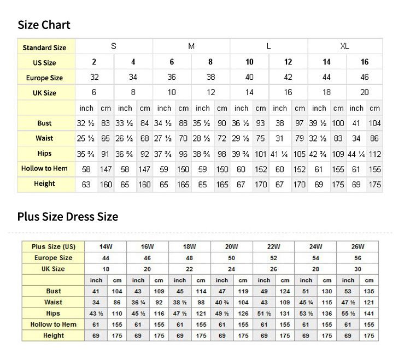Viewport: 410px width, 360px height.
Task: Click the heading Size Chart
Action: [x=44, y=25]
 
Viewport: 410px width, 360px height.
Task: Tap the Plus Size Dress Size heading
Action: [x=67, y=216]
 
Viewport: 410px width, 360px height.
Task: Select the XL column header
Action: [x=344, y=46]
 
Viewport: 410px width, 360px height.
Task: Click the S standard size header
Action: [x=114, y=46]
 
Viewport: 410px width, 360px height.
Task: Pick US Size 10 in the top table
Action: [x=249, y=62]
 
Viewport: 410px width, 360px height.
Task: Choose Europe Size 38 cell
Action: [x=210, y=78]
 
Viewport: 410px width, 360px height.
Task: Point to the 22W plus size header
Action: [x=273, y=247]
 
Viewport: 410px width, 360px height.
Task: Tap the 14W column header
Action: [x=106, y=247]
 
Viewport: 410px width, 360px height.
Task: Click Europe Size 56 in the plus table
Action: [x=358, y=258]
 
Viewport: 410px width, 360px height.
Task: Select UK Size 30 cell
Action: [x=358, y=269]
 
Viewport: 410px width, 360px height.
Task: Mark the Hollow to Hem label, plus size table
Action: [x=54, y=324]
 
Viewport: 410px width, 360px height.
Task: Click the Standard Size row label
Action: [x=44, y=48]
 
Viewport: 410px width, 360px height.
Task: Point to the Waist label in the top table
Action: [x=44, y=138]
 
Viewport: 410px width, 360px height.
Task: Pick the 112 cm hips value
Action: [x=374, y=154]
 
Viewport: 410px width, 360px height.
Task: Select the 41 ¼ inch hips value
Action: [x=280, y=154]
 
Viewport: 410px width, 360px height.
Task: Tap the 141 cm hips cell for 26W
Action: [x=369, y=314]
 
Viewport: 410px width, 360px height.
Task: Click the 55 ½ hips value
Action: [x=348, y=314]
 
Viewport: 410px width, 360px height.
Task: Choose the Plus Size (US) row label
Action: [x=54, y=247]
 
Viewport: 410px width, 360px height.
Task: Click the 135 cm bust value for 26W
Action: [x=369, y=291]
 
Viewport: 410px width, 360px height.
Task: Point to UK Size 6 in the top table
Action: [x=94, y=92]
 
